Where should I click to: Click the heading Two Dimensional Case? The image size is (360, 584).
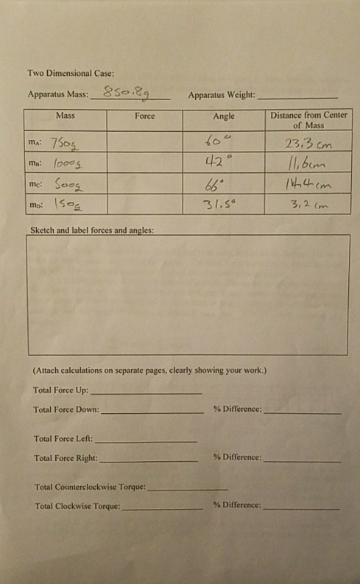(x=71, y=74)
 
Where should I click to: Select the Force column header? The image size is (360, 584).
(x=145, y=116)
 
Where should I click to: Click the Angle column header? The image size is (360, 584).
(x=224, y=116)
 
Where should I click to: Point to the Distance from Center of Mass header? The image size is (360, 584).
(x=308, y=121)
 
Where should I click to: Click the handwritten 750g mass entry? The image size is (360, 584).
(x=68, y=142)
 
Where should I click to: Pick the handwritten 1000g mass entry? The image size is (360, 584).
(x=68, y=162)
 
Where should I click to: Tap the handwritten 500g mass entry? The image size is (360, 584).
(x=68, y=183)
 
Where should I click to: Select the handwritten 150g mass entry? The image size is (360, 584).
(x=67, y=203)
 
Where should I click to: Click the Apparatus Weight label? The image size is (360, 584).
(x=222, y=96)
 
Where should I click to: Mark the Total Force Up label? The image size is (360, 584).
(x=60, y=390)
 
